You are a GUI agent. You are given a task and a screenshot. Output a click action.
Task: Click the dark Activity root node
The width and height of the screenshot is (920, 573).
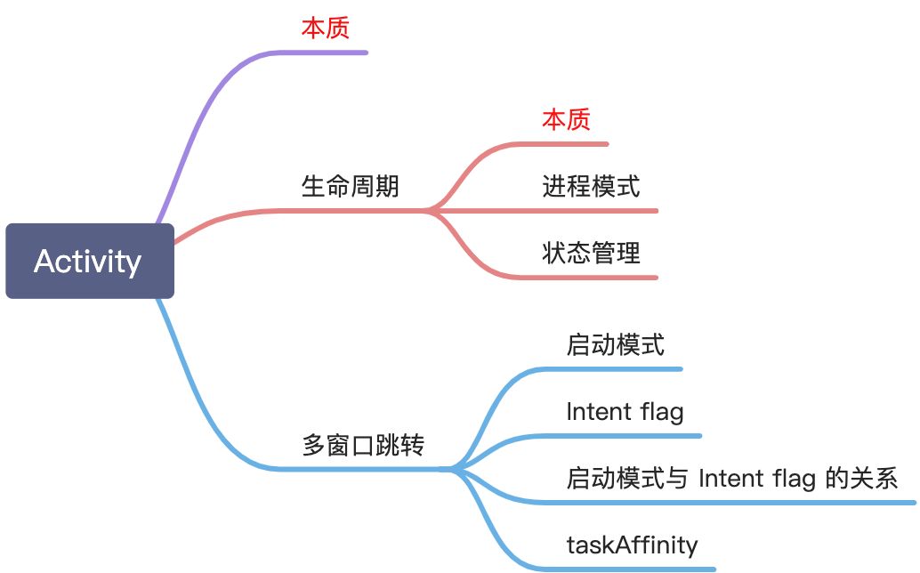(89, 261)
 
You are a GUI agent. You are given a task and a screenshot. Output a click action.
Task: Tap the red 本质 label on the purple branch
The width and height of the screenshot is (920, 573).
(325, 28)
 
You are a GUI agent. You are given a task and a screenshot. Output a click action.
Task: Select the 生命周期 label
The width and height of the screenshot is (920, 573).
(350, 187)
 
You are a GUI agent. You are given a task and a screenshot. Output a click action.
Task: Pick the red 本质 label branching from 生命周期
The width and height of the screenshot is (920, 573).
(566, 120)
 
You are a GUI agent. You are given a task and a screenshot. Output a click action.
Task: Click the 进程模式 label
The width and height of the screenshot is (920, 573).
(591, 187)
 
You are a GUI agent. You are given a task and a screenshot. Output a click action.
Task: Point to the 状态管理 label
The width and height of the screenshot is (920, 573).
(591, 254)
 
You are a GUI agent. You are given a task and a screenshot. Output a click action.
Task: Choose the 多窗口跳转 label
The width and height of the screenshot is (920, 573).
(362, 445)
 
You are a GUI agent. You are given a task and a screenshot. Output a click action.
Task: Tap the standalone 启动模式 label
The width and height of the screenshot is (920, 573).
(615, 345)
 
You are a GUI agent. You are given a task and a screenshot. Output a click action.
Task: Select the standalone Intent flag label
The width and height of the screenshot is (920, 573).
(625, 412)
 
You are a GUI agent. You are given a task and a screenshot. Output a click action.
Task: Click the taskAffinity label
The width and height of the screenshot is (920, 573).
(632, 545)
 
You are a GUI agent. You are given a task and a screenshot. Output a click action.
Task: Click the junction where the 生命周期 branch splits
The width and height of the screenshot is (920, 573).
(432, 211)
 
